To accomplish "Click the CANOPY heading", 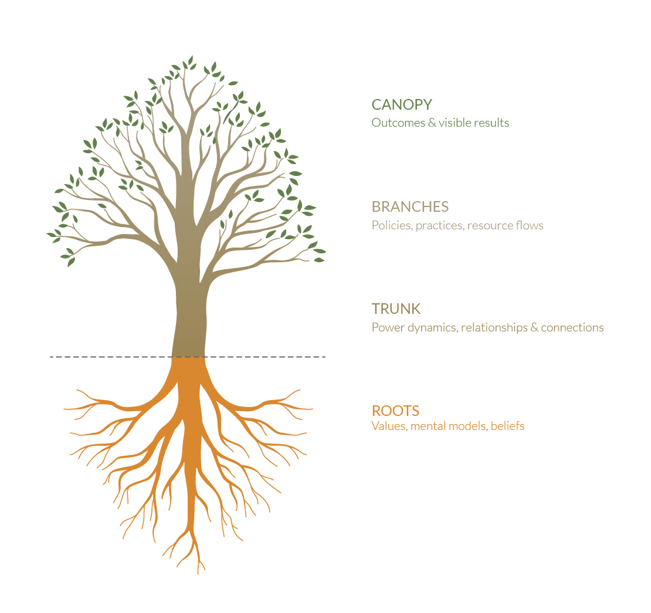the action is point(402,104).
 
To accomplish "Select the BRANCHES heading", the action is point(410,207).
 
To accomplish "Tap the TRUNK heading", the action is point(396,309).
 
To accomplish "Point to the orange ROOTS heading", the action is point(395,411).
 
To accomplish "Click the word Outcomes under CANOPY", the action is point(398,123).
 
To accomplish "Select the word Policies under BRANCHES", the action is point(392,225).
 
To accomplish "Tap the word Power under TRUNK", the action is point(388,328).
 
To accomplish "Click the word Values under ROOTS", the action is point(389,426).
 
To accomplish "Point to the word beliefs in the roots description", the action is point(507,426).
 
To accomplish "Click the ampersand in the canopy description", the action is point(432,123).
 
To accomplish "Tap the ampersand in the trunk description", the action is point(534,328).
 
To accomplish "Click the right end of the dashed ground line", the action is point(325,357).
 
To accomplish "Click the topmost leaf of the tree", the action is point(191,59).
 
